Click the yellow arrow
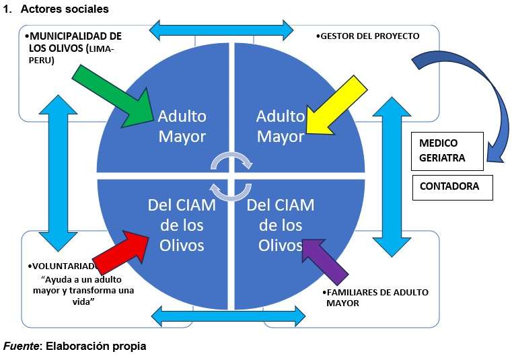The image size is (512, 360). pos(336,104)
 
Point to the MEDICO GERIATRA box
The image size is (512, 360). pos(447,151)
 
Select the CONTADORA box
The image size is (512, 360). pos(452,187)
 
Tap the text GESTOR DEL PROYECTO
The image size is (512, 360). pos(369,36)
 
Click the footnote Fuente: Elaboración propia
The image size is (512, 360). pos(74,347)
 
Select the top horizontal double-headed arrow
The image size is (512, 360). pos(221,30)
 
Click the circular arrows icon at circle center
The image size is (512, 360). pos(231,176)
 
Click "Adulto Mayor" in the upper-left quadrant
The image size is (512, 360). pos(182,126)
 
